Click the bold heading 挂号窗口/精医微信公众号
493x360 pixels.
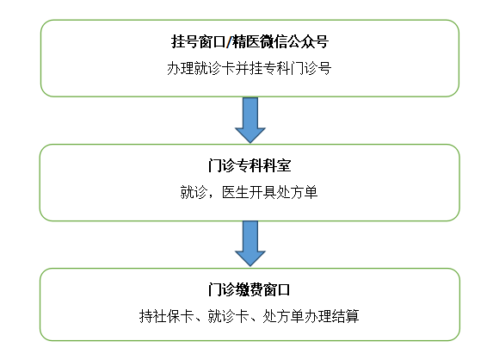250,41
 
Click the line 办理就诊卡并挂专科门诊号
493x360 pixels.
249,68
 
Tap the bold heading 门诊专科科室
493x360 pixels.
250,165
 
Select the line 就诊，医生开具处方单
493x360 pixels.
249,192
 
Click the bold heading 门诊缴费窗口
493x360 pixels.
249,289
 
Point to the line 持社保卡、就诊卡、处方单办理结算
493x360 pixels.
249,316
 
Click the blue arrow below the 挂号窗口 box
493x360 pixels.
250,120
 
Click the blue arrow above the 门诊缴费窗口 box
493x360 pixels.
250,243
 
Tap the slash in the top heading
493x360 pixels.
229,42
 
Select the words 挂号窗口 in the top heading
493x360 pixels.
198,41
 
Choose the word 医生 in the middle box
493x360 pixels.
236,192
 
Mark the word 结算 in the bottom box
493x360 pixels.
346,316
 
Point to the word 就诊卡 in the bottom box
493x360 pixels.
229,316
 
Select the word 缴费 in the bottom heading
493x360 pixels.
249,289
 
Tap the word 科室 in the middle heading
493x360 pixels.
278,165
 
